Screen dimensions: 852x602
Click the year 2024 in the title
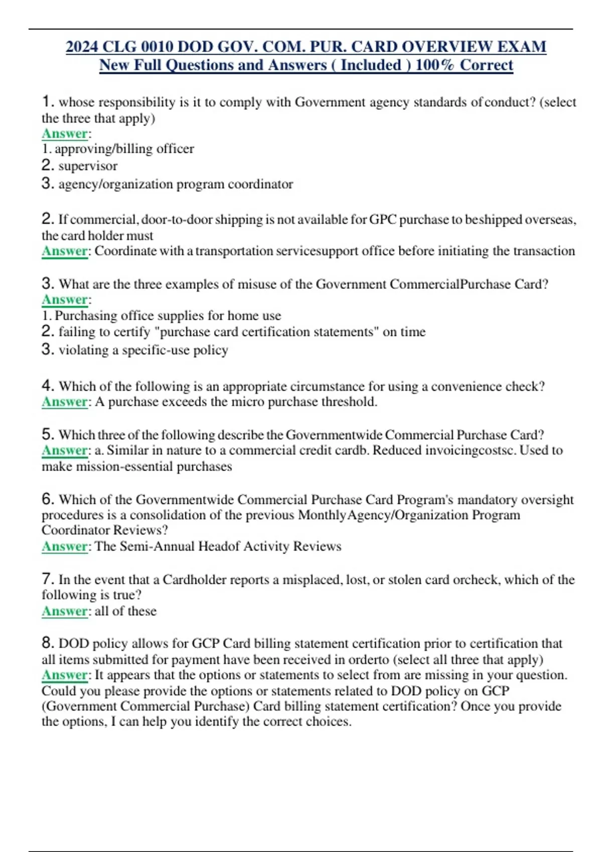(x=82, y=47)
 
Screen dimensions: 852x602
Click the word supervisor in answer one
(x=88, y=166)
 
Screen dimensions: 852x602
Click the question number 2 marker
(x=48, y=219)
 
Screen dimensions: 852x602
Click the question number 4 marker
(x=48, y=386)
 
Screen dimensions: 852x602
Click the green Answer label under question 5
(x=65, y=450)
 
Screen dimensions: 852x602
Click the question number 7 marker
(x=48, y=579)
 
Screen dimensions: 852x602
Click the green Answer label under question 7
(x=65, y=611)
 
